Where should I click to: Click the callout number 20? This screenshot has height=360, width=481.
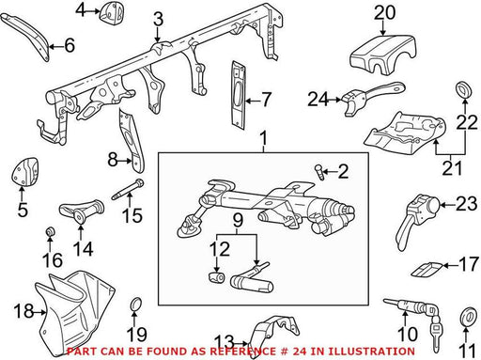tap(384, 14)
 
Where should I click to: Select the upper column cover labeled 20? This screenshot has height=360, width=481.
tap(382, 55)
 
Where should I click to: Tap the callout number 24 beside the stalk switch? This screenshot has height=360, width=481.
tap(318, 100)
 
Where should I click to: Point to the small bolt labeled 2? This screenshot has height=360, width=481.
tap(319, 172)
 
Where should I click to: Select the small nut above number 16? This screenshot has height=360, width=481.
tap(50, 232)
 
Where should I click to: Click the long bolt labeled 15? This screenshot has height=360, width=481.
tap(128, 189)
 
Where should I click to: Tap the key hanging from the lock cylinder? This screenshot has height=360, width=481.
tap(436, 336)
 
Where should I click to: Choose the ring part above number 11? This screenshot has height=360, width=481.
tap(467, 316)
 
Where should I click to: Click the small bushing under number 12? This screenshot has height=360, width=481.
tap(216, 277)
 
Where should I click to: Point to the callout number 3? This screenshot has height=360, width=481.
tap(158, 20)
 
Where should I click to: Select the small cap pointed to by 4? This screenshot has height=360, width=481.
tap(112, 13)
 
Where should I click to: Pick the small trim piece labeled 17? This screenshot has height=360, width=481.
tap(427, 269)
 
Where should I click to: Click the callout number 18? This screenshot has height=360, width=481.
tap(23, 311)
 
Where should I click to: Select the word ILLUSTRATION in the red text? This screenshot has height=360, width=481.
tap(363, 352)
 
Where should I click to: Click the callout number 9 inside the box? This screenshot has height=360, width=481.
tap(238, 221)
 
